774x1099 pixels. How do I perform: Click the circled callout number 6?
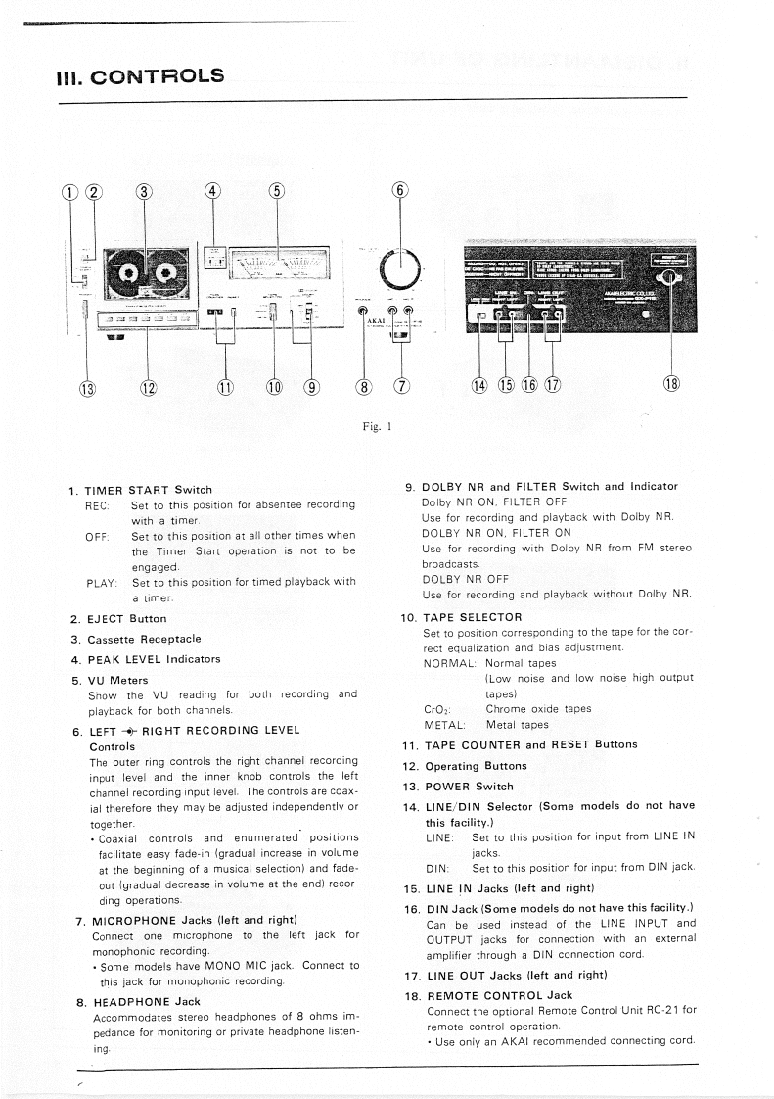tap(399, 191)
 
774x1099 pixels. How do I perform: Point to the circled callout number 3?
tap(145, 191)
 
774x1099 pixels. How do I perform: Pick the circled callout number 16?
tap(529, 384)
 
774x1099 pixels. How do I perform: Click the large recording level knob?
tap(398, 266)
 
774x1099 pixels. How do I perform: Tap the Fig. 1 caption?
tap(385, 426)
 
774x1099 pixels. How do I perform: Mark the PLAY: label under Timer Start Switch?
tap(102, 582)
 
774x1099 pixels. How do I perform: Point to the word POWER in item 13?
tap(448, 786)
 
